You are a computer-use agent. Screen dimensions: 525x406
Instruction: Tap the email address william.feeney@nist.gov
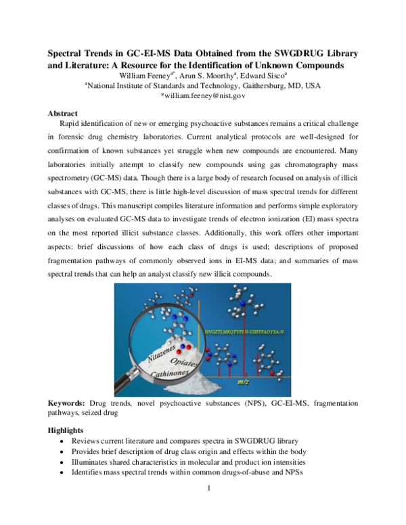(x=202, y=96)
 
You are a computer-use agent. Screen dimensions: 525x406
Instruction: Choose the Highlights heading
(x=66, y=430)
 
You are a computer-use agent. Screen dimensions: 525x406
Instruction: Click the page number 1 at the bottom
(x=203, y=488)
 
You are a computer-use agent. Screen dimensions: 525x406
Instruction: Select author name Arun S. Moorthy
(x=213, y=76)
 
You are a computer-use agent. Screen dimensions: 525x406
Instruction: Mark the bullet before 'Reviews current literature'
(x=63, y=441)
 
